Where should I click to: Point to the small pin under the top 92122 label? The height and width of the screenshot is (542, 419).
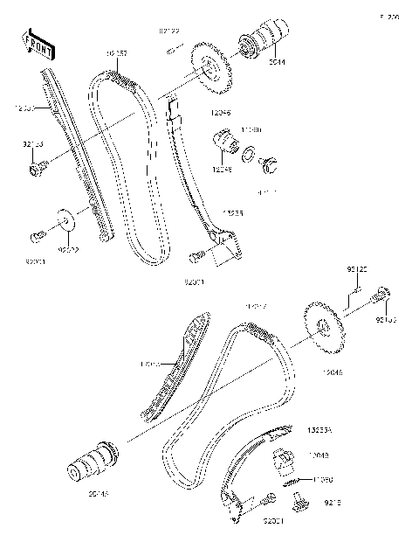coord(171,50)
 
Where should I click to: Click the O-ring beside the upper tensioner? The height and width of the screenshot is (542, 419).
coord(251,154)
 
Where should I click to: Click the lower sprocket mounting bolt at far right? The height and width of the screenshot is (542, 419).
coord(385,300)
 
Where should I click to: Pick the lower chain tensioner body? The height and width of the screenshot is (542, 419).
coord(284,461)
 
